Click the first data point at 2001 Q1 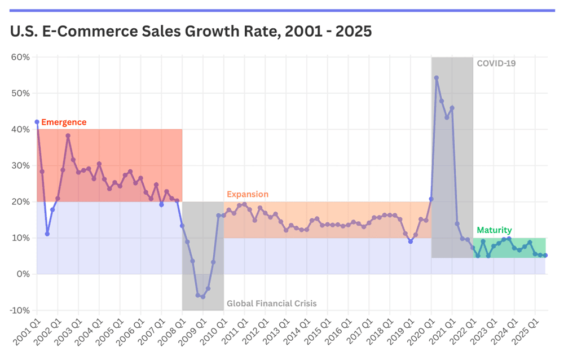click(x=37, y=122)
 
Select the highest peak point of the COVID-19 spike click(x=437, y=78)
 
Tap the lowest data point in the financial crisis click(x=203, y=297)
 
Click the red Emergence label click(x=64, y=122)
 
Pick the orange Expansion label click(x=248, y=194)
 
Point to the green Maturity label click(x=494, y=230)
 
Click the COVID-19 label click(x=496, y=64)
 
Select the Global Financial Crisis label click(x=271, y=304)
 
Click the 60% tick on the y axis click(x=20, y=57)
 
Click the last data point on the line click(x=545, y=256)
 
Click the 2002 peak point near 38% click(x=68, y=135)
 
